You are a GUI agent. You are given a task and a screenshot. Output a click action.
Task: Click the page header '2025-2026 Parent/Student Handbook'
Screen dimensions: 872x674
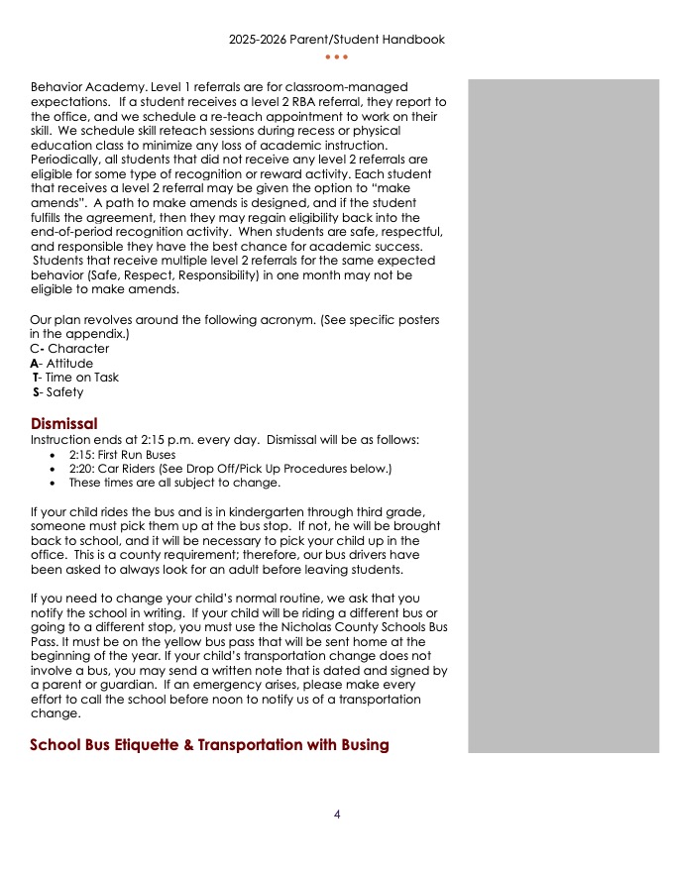[336, 40]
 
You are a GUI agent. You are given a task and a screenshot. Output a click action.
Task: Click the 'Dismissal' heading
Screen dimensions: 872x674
[63, 424]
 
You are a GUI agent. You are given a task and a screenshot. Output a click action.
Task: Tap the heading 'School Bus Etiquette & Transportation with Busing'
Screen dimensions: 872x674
[209, 745]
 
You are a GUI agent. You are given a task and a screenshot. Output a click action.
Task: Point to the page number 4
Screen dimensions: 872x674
[337, 815]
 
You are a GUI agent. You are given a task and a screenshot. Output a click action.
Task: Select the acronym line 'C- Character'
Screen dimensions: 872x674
[70, 349]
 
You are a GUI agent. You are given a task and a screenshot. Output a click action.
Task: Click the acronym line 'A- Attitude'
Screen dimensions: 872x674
[61, 364]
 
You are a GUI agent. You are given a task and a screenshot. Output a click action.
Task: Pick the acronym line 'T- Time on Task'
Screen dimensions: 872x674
[76, 378]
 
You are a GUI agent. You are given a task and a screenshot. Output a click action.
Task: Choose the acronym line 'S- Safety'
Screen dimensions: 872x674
[58, 392]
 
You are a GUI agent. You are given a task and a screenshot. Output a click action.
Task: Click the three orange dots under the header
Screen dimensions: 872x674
[336, 56]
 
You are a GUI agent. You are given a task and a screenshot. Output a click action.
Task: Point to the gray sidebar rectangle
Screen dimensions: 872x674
[563, 416]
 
